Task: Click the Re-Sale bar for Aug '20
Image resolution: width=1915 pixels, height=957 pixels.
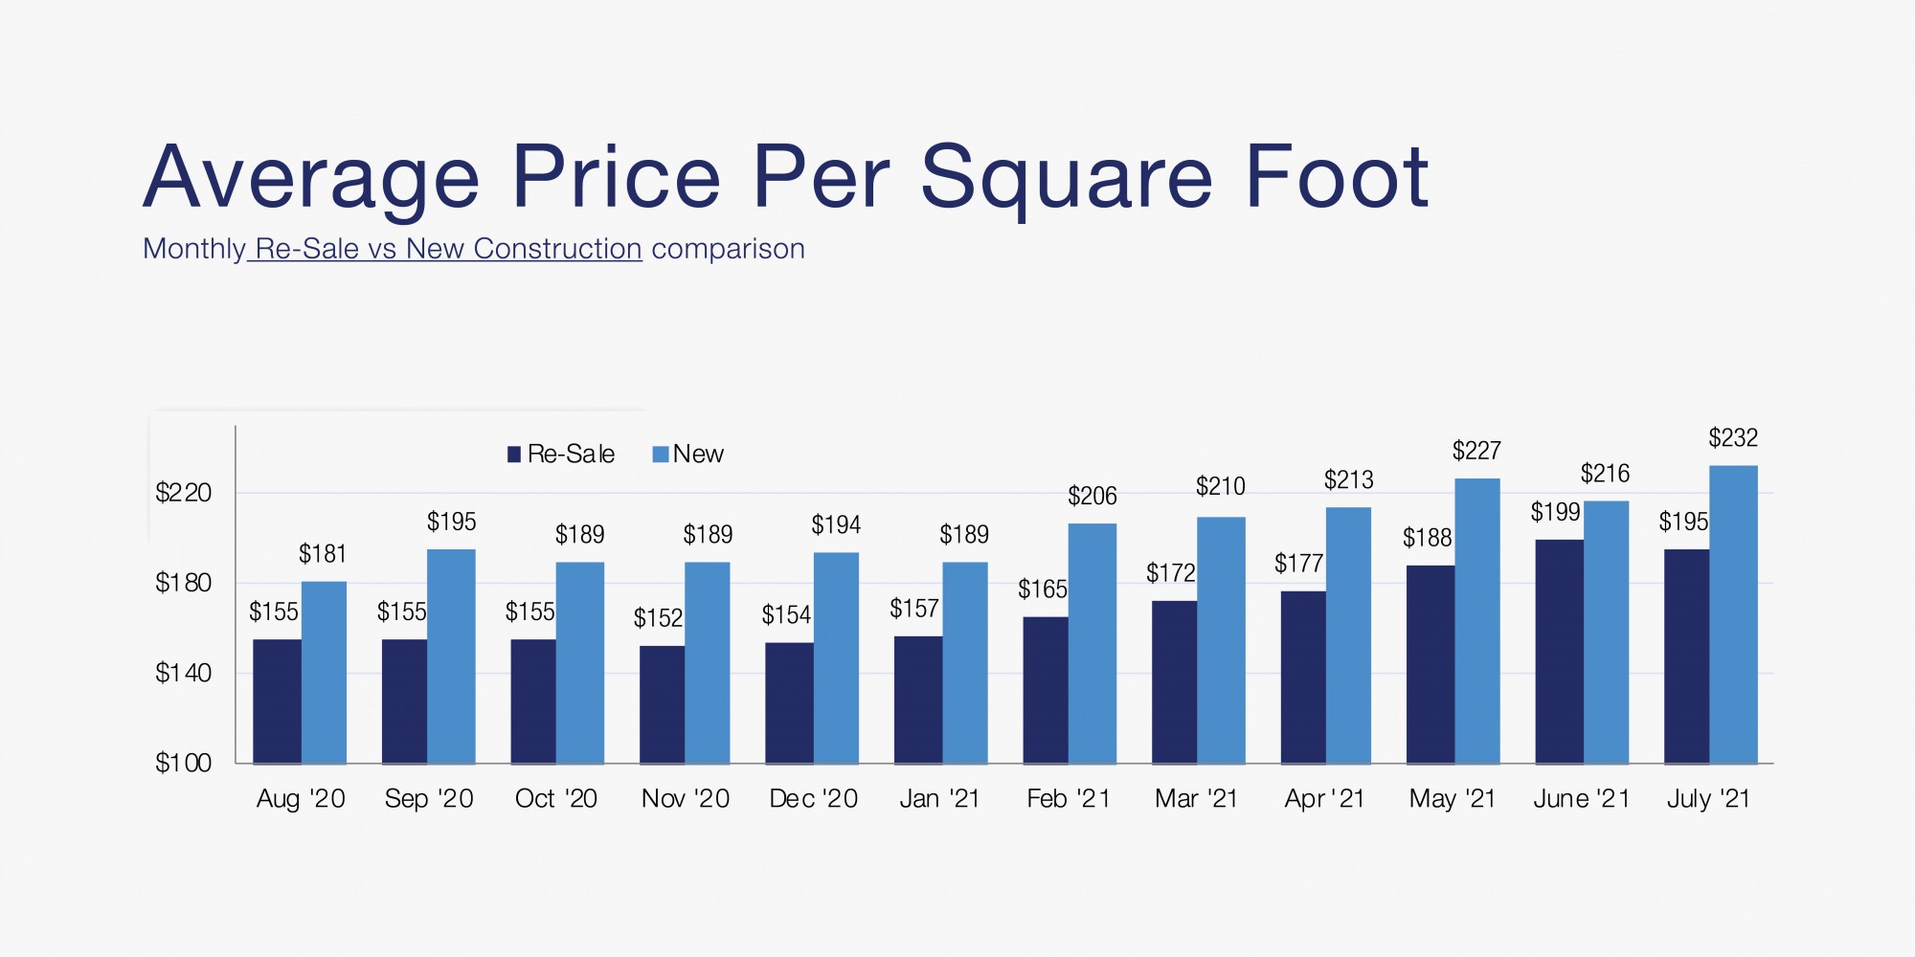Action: [277, 701]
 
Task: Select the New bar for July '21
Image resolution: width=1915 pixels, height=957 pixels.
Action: [1733, 614]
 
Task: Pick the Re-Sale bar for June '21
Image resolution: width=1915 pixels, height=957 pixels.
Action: [1559, 651]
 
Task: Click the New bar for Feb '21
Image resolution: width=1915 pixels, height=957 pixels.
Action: [1092, 643]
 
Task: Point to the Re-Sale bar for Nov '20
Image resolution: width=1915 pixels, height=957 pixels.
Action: [662, 704]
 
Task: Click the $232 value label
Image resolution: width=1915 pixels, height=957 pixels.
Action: [1733, 438]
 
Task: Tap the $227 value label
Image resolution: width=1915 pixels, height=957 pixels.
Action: [1476, 451]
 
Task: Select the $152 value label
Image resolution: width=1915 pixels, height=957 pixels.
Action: [658, 618]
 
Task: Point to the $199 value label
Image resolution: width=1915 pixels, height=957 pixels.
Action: [1555, 512]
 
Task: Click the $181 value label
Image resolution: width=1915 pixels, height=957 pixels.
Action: [323, 554]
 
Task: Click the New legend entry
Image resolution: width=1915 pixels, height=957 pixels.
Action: [688, 454]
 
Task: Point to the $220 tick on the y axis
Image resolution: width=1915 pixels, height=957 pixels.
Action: [184, 493]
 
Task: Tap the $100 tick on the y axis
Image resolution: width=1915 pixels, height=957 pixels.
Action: [184, 763]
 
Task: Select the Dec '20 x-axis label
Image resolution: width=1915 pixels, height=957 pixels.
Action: [813, 799]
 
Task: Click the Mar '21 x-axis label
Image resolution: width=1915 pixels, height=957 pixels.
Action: [1196, 799]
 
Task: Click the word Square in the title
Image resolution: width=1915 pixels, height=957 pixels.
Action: [1067, 178]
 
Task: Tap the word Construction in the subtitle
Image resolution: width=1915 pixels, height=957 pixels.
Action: [557, 249]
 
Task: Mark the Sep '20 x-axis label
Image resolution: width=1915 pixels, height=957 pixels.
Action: [429, 799]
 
